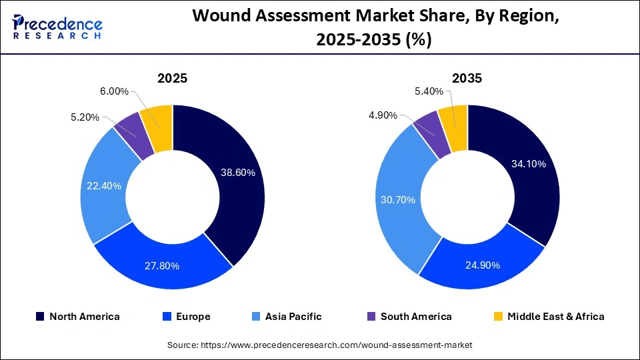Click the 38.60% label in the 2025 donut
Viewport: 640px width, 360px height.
(x=238, y=173)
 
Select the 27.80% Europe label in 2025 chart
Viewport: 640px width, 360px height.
(x=162, y=266)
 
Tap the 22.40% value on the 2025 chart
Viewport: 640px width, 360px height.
(x=104, y=186)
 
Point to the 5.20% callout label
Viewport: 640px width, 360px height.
(x=85, y=117)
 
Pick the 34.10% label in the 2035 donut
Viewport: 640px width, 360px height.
(x=528, y=163)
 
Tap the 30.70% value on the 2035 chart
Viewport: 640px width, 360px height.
(x=398, y=200)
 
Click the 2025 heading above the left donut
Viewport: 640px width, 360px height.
(x=172, y=78)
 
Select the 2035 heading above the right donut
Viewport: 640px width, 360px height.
(x=467, y=78)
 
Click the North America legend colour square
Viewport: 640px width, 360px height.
(x=41, y=317)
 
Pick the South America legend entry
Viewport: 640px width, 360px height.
(x=415, y=317)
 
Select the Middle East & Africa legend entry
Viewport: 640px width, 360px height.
(x=555, y=317)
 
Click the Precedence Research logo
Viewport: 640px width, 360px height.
(x=57, y=27)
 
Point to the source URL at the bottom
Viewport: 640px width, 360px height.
(x=320, y=345)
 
